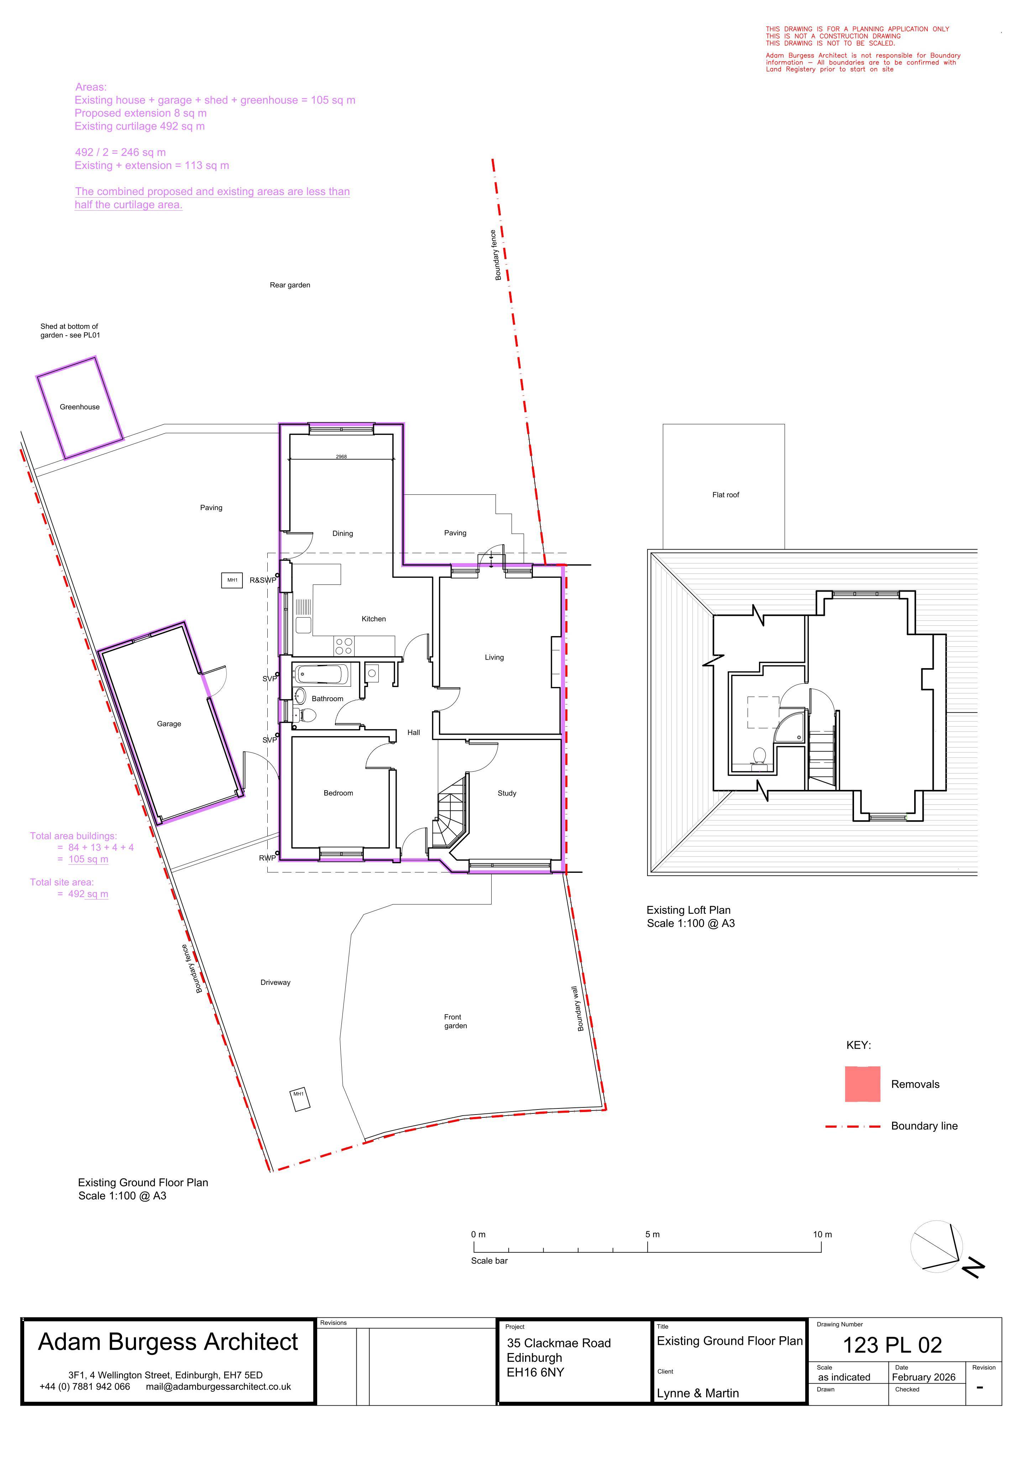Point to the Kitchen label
(374, 619)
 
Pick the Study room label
(507, 793)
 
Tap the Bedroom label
(338, 793)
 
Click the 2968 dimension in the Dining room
(341, 457)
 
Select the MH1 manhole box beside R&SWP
(232, 580)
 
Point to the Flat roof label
(726, 495)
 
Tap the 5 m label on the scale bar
(653, 1234)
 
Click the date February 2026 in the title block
(923, 1377)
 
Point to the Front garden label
(456, 1022)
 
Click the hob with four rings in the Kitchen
(344, 646)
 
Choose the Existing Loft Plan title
(689, 911)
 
